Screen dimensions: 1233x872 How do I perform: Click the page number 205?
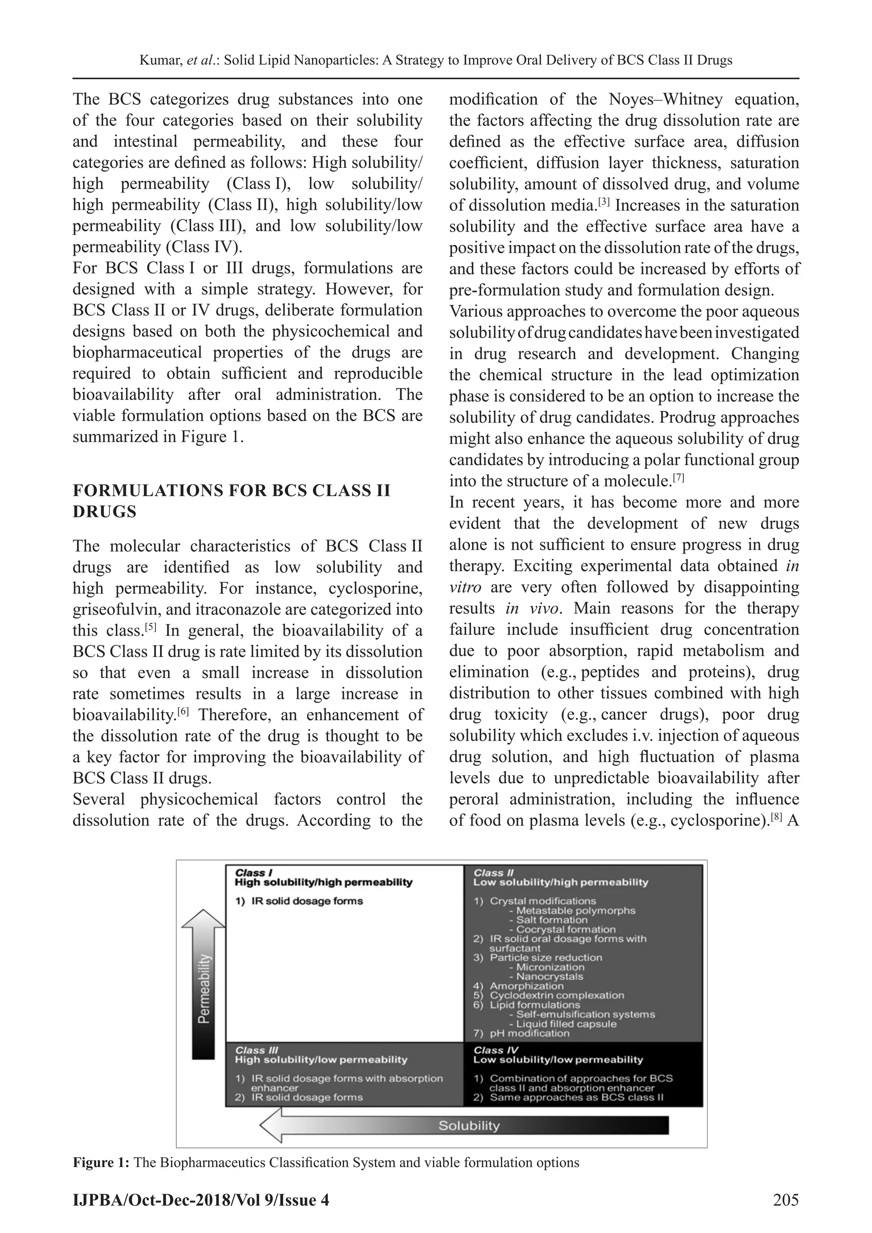(x=785, y=1200)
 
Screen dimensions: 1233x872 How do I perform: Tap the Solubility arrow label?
(x=469, y=1125)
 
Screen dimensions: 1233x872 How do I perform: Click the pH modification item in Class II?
(x=529, y=1033)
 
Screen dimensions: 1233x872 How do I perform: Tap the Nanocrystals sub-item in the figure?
(x=549, y=976)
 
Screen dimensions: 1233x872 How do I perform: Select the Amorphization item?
(x=526, y=986)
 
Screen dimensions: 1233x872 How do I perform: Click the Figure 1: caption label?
(x=101, y=1163)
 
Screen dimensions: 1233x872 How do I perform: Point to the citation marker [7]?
(x=678, y=477)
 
